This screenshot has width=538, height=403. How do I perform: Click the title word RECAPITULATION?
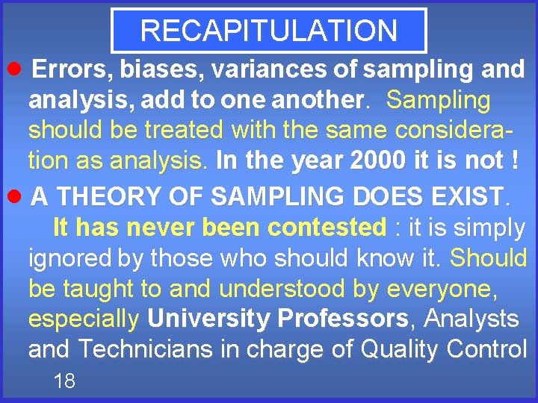[x=268, y=31]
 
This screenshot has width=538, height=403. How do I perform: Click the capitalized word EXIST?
[x=465, y=197]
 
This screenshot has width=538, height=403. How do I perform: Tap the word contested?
[x=330, y=227]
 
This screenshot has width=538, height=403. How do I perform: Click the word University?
[x=208, y=319]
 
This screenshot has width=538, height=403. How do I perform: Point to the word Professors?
[x=342, y=319]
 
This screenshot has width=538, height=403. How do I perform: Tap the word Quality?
[x=405, y=349]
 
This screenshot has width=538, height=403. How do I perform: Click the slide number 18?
[x=64, y=381]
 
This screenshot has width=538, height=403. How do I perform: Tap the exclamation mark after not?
[x=515, y=160]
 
